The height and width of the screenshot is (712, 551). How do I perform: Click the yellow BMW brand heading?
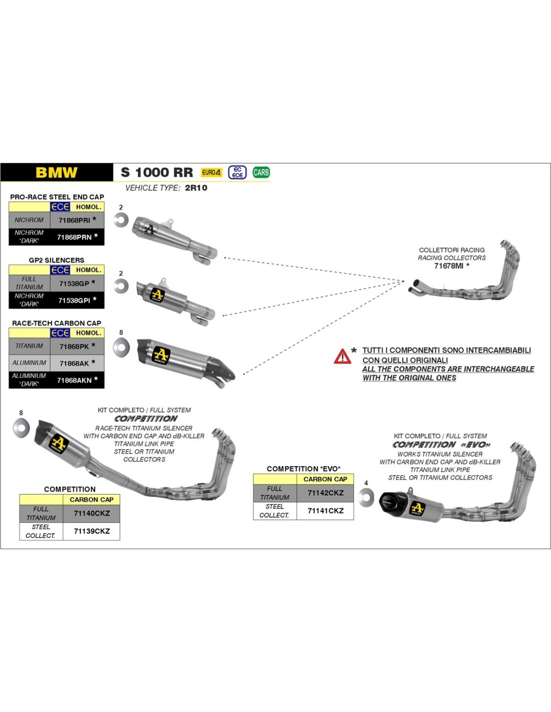[x=57, y=173]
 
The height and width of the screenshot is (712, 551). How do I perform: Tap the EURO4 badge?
[x=211, y=173]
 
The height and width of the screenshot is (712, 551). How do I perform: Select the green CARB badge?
[x=261, y=173]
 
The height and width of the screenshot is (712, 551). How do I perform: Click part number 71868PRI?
[x=75, y=220]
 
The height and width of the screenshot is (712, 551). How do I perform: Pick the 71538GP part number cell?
[x=74, y=283]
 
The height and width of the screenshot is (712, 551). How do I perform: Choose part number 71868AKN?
[x=75, y=381]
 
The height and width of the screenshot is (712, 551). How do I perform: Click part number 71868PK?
[x=74, y=346]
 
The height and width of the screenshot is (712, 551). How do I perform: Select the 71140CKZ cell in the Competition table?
[x=92, y=513]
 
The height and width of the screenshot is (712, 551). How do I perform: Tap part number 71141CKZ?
[x=326, y=511]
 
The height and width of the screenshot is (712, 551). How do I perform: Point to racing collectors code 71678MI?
[x=449, y=266]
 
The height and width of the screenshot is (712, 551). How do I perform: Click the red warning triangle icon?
[x=343, y=357]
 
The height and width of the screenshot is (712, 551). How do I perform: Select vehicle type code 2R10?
[x=196, y=188]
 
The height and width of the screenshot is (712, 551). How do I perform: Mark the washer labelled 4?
[x=367, y=497]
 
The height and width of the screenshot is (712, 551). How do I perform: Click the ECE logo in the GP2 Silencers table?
[x=60, y=270]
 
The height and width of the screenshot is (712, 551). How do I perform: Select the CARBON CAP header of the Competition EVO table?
[x=325, y=479]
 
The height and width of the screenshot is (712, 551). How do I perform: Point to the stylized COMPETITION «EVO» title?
[x=441, y=445]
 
